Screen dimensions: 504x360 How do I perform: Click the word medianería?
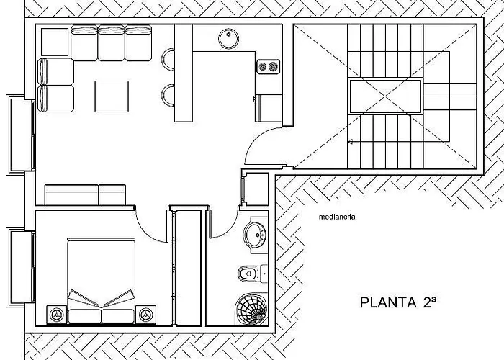(x=337, y=217)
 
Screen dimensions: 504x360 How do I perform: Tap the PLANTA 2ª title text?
(x=398, y=302)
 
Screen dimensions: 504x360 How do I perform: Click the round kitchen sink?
(x=228, y=39)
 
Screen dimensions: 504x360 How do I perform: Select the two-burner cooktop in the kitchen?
(x=269, y=67)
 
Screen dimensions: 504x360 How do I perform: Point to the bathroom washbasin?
(x=254, y=235)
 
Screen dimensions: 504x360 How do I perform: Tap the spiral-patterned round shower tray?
(x=251, y=309)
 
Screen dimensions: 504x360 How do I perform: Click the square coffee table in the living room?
(x=112, y=96)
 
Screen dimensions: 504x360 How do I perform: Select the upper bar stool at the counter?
(x=168, y=59)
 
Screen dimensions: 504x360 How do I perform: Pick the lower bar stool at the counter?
(x=168, y=95)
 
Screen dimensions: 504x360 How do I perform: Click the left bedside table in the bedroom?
(x=57, y=315)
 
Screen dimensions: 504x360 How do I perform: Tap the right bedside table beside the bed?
(x=146, y=315)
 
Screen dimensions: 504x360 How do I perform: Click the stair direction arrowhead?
(x=351, y=141)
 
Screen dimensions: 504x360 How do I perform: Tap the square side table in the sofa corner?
(x=55, y=42)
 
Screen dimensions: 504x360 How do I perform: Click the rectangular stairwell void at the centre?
(x=385, y=96)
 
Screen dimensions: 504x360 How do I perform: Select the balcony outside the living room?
(x=20, y=135)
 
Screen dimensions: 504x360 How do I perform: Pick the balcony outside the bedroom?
(x=20, y=267)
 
